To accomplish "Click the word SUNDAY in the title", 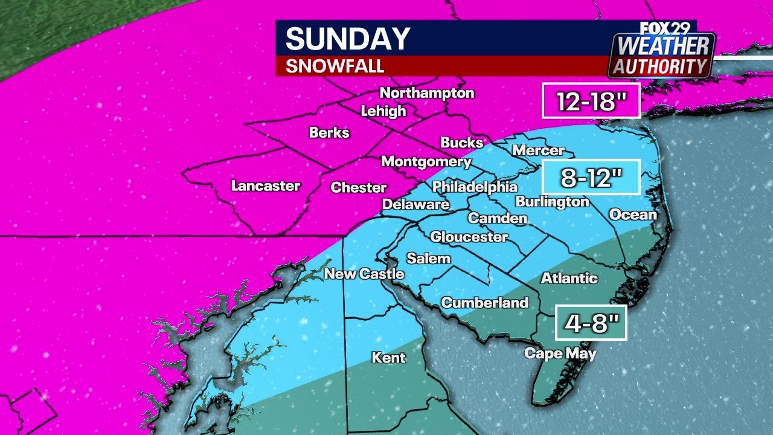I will (x=347, y=39).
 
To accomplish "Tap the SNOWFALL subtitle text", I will (x=335, y=66).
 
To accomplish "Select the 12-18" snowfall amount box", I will (x=591, y=101).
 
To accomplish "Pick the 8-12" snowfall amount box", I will (x=591, y=178).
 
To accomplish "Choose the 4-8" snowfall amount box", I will (x=591, y=323).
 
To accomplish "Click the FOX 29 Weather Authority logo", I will (x=661, y=51).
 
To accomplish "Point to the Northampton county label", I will (x=427, y=93).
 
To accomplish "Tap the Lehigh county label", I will (x=383, y=111).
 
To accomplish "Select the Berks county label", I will (x=329, y=132).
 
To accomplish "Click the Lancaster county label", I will (x=266, y=185).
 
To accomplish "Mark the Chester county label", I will (x=359, y=188).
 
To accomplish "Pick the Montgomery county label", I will (x=426, y=162).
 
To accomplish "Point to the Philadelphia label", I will (x=475, y=187).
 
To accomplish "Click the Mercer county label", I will (x=537, y=150).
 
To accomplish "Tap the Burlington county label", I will (x=552, y=202).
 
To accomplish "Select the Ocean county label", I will (x=632, y=214).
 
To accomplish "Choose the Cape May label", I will (x=560, y=354).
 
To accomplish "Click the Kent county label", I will (x=388, y=358).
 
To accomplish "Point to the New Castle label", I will (x=364, y=274).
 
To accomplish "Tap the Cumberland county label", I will (x=485, y=303).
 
